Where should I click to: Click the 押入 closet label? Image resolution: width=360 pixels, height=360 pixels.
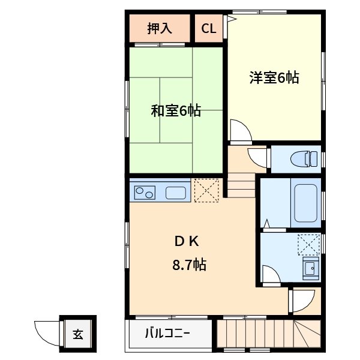coord(159,28)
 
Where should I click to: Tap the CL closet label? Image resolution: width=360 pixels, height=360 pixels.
coord(208,28)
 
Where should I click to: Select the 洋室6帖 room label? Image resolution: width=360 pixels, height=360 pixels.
coord(274,77)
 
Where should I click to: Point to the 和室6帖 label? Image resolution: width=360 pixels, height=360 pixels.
coord(175,111)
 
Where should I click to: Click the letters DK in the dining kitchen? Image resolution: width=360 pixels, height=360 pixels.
coord(186,242)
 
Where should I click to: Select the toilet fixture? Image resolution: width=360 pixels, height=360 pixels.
coord(304,159)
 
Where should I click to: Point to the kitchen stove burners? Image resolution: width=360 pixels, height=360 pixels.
coord(145,193)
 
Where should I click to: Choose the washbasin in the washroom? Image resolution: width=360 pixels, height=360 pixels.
coord(310,269)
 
